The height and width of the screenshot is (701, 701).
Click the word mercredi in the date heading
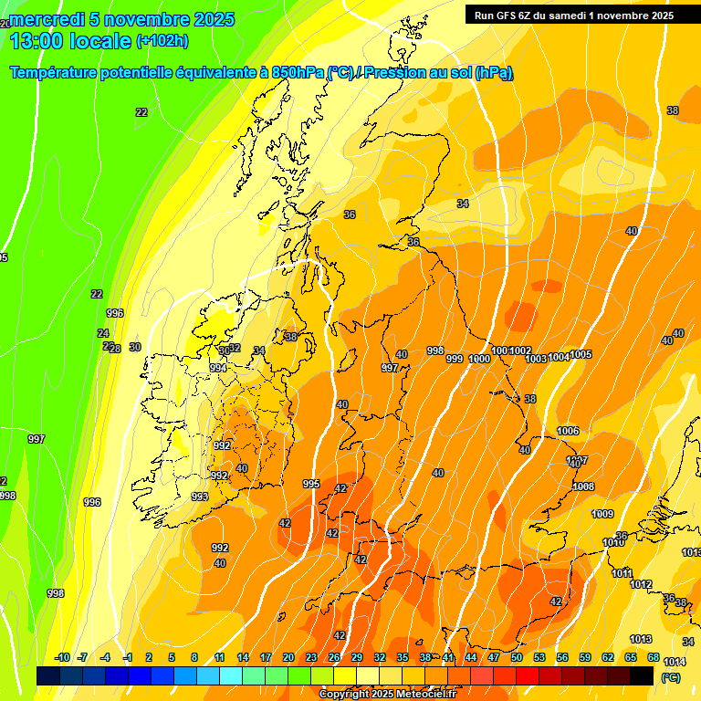tap(48, 19)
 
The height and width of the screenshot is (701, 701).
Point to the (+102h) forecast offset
tap(162, 41)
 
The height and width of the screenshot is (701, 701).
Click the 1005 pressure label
tap(581, 354)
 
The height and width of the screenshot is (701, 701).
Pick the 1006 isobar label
tap(568, 431)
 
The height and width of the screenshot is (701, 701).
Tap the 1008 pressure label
tap(583, 487)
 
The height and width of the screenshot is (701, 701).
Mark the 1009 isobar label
tap(602, 515)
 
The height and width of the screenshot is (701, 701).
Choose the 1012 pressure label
tap(641, 584)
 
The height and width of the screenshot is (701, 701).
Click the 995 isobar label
tap(311, 484)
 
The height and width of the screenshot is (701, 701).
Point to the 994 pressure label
tap(217, 368)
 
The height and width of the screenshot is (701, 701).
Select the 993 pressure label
tap(200, 497)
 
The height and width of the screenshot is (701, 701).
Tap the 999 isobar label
tap(455, 359)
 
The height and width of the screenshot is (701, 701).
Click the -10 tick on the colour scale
tap(63, 657)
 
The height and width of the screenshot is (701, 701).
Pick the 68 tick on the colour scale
tap(654, 657)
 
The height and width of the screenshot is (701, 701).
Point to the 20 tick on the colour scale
tap(288, 657)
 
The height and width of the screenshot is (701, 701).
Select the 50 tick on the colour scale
tap(516, 657)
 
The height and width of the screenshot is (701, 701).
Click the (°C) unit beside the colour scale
tap(669, 678)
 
